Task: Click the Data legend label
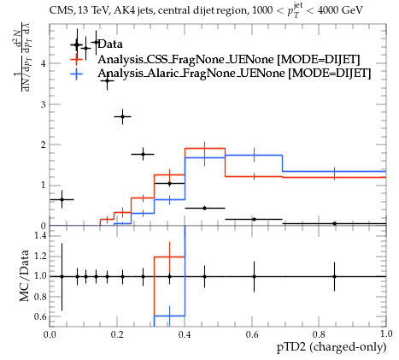[110, 44]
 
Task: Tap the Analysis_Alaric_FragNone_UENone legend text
[191, 74]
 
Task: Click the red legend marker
[76, 59]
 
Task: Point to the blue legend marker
[76, 74]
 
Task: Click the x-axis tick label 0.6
[252, 334]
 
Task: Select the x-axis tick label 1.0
[386, 334]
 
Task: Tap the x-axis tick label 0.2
[117, 334]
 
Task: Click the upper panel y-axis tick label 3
[44, 104]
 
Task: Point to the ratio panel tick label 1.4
[40, 235]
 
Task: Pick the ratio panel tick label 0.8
[40, 297]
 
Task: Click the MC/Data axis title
[25, 276]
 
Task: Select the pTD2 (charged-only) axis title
[332, 347]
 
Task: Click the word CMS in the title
[58, 10]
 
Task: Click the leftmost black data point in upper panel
[62, 199]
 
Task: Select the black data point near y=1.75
[143, 154]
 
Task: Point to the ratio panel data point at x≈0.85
[334, 276]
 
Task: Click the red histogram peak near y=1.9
[205, 148]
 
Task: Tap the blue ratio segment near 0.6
[169, 316]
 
